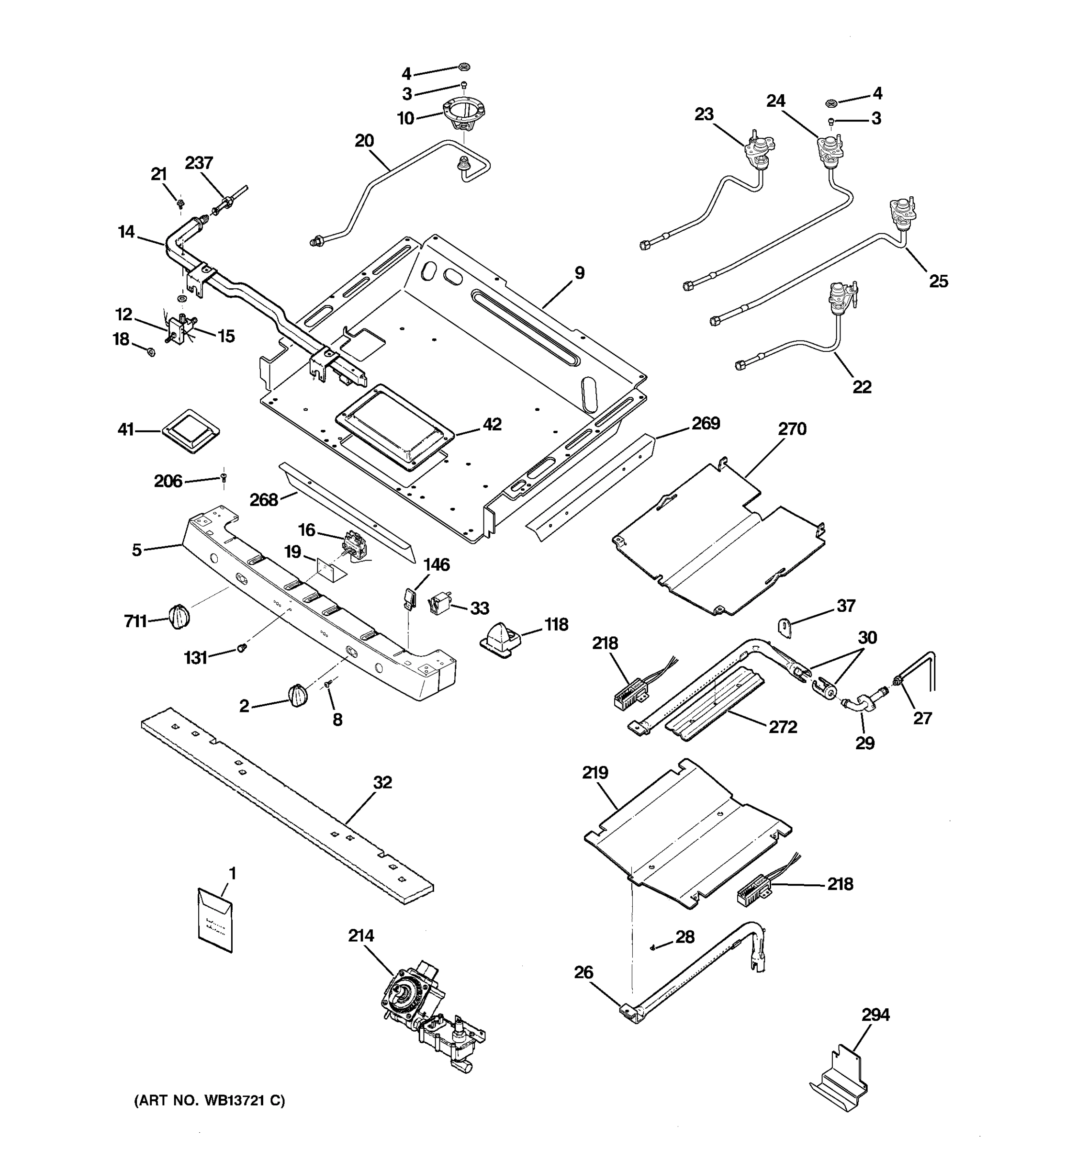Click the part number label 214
(x=360, y=935)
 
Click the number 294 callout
(x=875, y=1014)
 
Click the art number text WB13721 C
(x=209, y=1101)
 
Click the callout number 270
(x=792, y=429)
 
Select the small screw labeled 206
(x=224, y=477)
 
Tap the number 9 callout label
(x=579, y=273)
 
